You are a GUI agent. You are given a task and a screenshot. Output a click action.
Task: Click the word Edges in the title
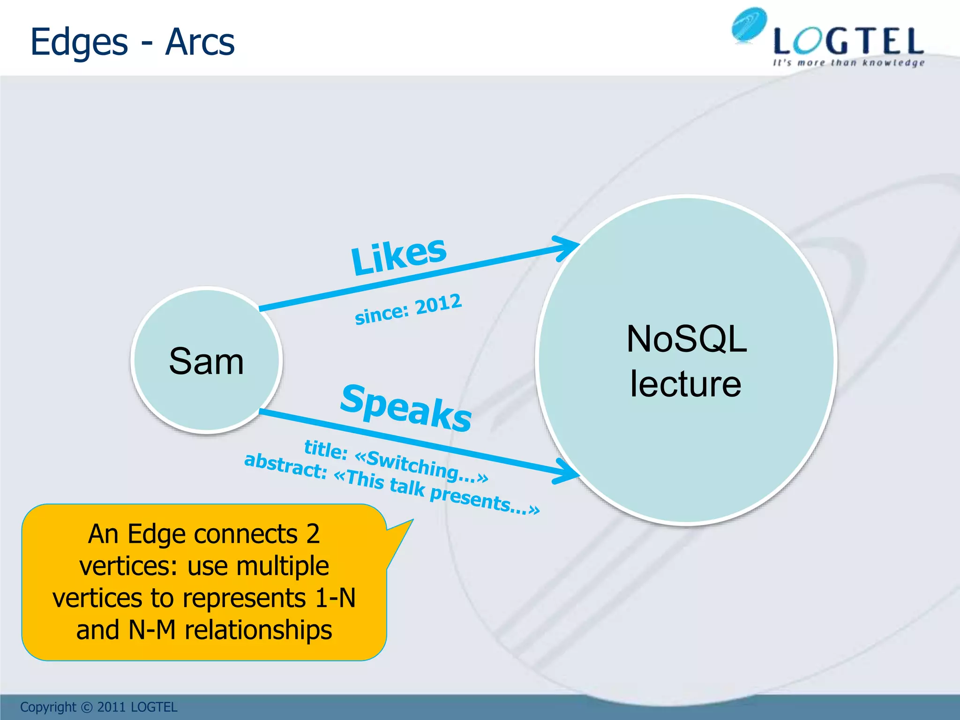tap(79, 42)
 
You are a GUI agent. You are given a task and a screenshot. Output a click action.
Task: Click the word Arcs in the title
tap(200, 42)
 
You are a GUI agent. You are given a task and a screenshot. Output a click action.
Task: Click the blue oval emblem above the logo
tap(749, 24)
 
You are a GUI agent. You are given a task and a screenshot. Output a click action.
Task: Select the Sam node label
tap(206, 361)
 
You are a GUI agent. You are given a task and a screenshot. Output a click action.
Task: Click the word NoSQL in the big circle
tap(686, 339)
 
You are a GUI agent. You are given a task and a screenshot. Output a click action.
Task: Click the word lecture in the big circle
tap(685, 384)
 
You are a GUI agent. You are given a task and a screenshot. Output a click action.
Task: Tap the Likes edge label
tap(399, 255)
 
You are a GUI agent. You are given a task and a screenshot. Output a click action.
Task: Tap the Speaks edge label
tap(406, 407)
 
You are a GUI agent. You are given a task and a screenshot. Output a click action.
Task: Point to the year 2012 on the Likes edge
tap(438, 304)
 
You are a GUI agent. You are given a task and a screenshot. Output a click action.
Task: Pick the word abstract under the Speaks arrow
tap(285, 466)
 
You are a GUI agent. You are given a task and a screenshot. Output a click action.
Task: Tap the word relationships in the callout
tap(258, 630)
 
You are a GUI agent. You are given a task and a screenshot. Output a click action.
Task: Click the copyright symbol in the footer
tap(87, 707)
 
